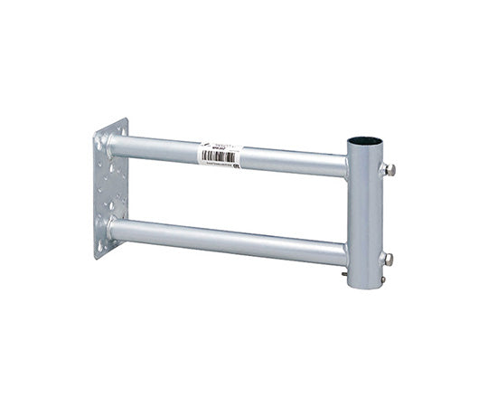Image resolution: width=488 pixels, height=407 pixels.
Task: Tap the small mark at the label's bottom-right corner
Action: pos(236,165)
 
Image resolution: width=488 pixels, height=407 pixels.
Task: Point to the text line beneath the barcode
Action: pos(219,164)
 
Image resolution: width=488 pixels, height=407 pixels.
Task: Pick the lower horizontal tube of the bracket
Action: pos(226,241)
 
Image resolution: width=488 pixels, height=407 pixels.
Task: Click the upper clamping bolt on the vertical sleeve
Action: pos(389,169)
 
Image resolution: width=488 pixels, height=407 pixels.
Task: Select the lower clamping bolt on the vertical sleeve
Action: pos(388,259)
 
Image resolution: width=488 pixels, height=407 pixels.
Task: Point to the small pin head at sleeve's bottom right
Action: pos(382,279)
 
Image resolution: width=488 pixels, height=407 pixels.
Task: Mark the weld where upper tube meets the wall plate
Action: pos(114,143)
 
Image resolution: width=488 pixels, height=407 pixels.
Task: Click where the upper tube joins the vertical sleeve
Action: pos(346,166)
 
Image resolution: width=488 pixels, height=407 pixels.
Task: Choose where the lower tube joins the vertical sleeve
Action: pos(346,254)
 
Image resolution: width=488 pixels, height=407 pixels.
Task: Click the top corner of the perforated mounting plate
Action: pos(125,120)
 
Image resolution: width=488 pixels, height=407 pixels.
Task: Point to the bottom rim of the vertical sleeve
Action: pos(364,287)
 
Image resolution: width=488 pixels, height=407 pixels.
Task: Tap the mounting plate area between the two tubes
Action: pos(110,185)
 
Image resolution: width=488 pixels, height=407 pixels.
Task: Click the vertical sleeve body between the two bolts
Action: pos(364,214)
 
